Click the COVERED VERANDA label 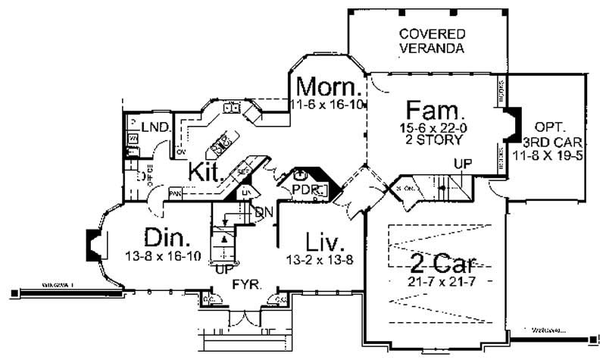pos(432,42)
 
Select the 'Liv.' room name pos(326,243)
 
